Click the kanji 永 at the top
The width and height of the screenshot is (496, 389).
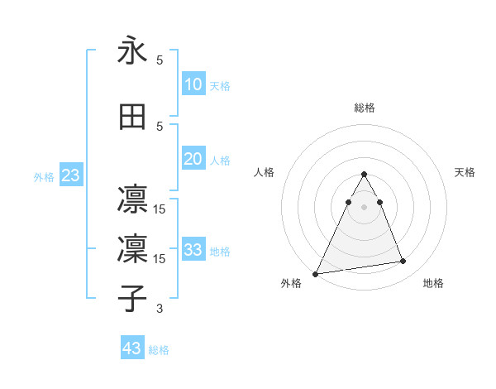click(x=132, y=51)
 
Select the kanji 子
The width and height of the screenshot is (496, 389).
click(x=132, y=299)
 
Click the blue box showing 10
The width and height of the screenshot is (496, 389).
click(x=193, y=84)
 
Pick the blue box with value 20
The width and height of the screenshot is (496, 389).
click(x=193, y=159)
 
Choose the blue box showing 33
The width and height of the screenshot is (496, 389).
click(x=193, y=250)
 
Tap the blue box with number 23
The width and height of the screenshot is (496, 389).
click(x=70, y=175)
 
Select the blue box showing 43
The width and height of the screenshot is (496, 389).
click(x=131, y=348)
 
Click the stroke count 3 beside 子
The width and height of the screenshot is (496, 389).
click(x=160, y=310)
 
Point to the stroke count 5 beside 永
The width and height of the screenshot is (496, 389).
click(x=160, y=60)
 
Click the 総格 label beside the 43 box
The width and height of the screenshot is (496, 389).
click(x=159, y=350)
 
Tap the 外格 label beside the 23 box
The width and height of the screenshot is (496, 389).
click(x=44, y=177)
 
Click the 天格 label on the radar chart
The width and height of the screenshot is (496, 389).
click(x=465, y=172)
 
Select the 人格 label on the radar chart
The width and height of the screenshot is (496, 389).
click(x=264, y=172)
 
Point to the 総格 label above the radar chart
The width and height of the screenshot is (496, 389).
click(x=364, y=108)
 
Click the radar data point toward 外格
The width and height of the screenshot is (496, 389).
click(x=315, y=274)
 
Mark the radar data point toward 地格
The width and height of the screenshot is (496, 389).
click(x=403, y=262)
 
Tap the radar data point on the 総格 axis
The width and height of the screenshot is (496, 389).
click(x=364, y=175)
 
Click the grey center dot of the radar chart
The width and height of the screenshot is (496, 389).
click(x=364, y=207)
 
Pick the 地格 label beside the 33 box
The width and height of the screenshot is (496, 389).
click(x=220, y=252)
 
